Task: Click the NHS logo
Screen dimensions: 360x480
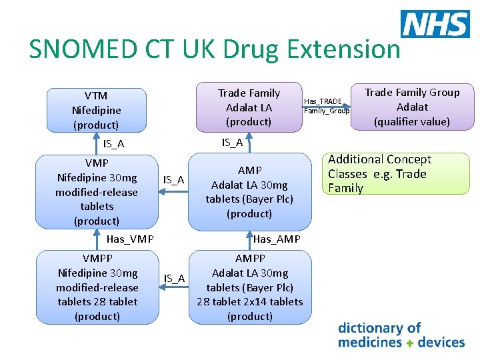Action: point(435,24)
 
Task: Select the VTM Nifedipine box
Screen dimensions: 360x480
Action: point(96,110)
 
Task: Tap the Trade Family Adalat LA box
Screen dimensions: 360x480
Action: point(249,107)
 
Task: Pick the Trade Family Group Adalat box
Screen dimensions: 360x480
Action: point(411,107)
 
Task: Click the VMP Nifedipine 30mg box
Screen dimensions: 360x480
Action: point(97,192)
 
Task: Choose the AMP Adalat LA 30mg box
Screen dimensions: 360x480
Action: point(249,192)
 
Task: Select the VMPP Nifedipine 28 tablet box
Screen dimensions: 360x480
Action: point(97,287)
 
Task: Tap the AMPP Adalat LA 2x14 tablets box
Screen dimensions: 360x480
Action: point(249,287)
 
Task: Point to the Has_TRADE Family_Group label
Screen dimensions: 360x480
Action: point(326,106)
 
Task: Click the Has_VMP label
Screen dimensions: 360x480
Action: point(130,239)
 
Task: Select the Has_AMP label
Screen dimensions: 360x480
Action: point(277,239)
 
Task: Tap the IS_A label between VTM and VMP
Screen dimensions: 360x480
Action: point(113,144)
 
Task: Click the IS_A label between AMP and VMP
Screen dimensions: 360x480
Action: point(174,180)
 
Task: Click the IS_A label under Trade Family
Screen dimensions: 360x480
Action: point(232,142)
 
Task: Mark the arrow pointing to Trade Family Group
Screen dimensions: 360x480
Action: point(333,106)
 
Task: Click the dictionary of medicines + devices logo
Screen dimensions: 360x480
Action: point(401,335)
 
